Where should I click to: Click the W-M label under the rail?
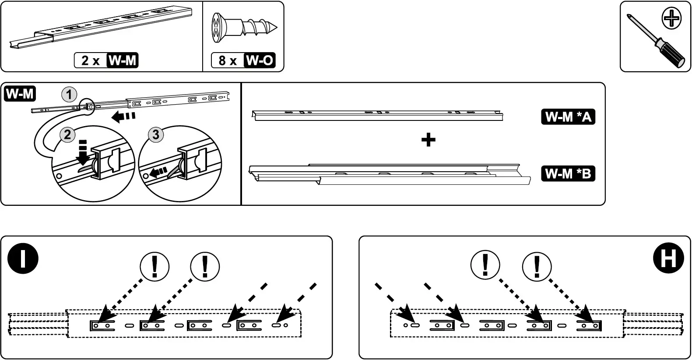click(123, 60)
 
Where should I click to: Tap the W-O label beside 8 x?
click(260, 60)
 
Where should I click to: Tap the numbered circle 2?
click(67, 134)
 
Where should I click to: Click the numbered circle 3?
click(155, 134)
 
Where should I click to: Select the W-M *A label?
click(568, 117)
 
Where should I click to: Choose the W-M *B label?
click(568, 173)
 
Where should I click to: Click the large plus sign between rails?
click(428, 140)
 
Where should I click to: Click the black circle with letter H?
click(668, 258)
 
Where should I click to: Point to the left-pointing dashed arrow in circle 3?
click(159, 172)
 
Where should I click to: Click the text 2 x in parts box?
click(90, 60)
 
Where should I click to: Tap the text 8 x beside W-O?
click(227, 60)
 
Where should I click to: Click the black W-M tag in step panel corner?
click(20, 94)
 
